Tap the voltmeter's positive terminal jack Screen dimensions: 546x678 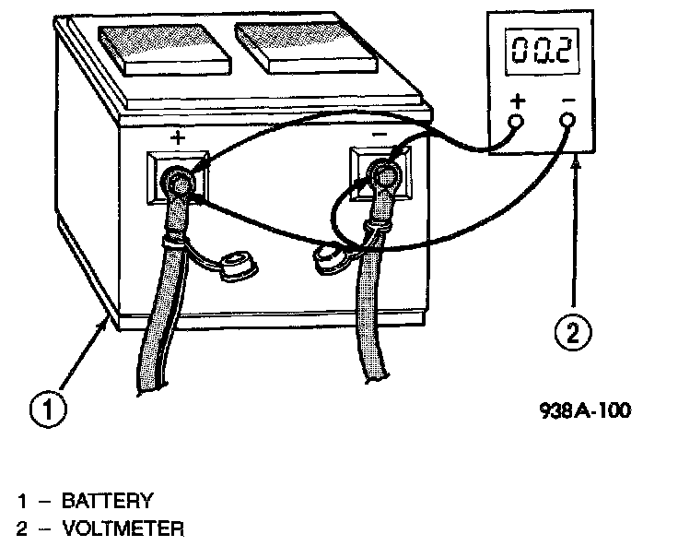point(517,121)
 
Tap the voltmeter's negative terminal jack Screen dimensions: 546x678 point(567,121)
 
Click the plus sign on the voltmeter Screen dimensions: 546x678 point(517,100)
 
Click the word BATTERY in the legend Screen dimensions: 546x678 point(107,502)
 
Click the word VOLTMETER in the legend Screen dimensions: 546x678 point(123,529)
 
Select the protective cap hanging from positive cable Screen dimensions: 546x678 point(237,267)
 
